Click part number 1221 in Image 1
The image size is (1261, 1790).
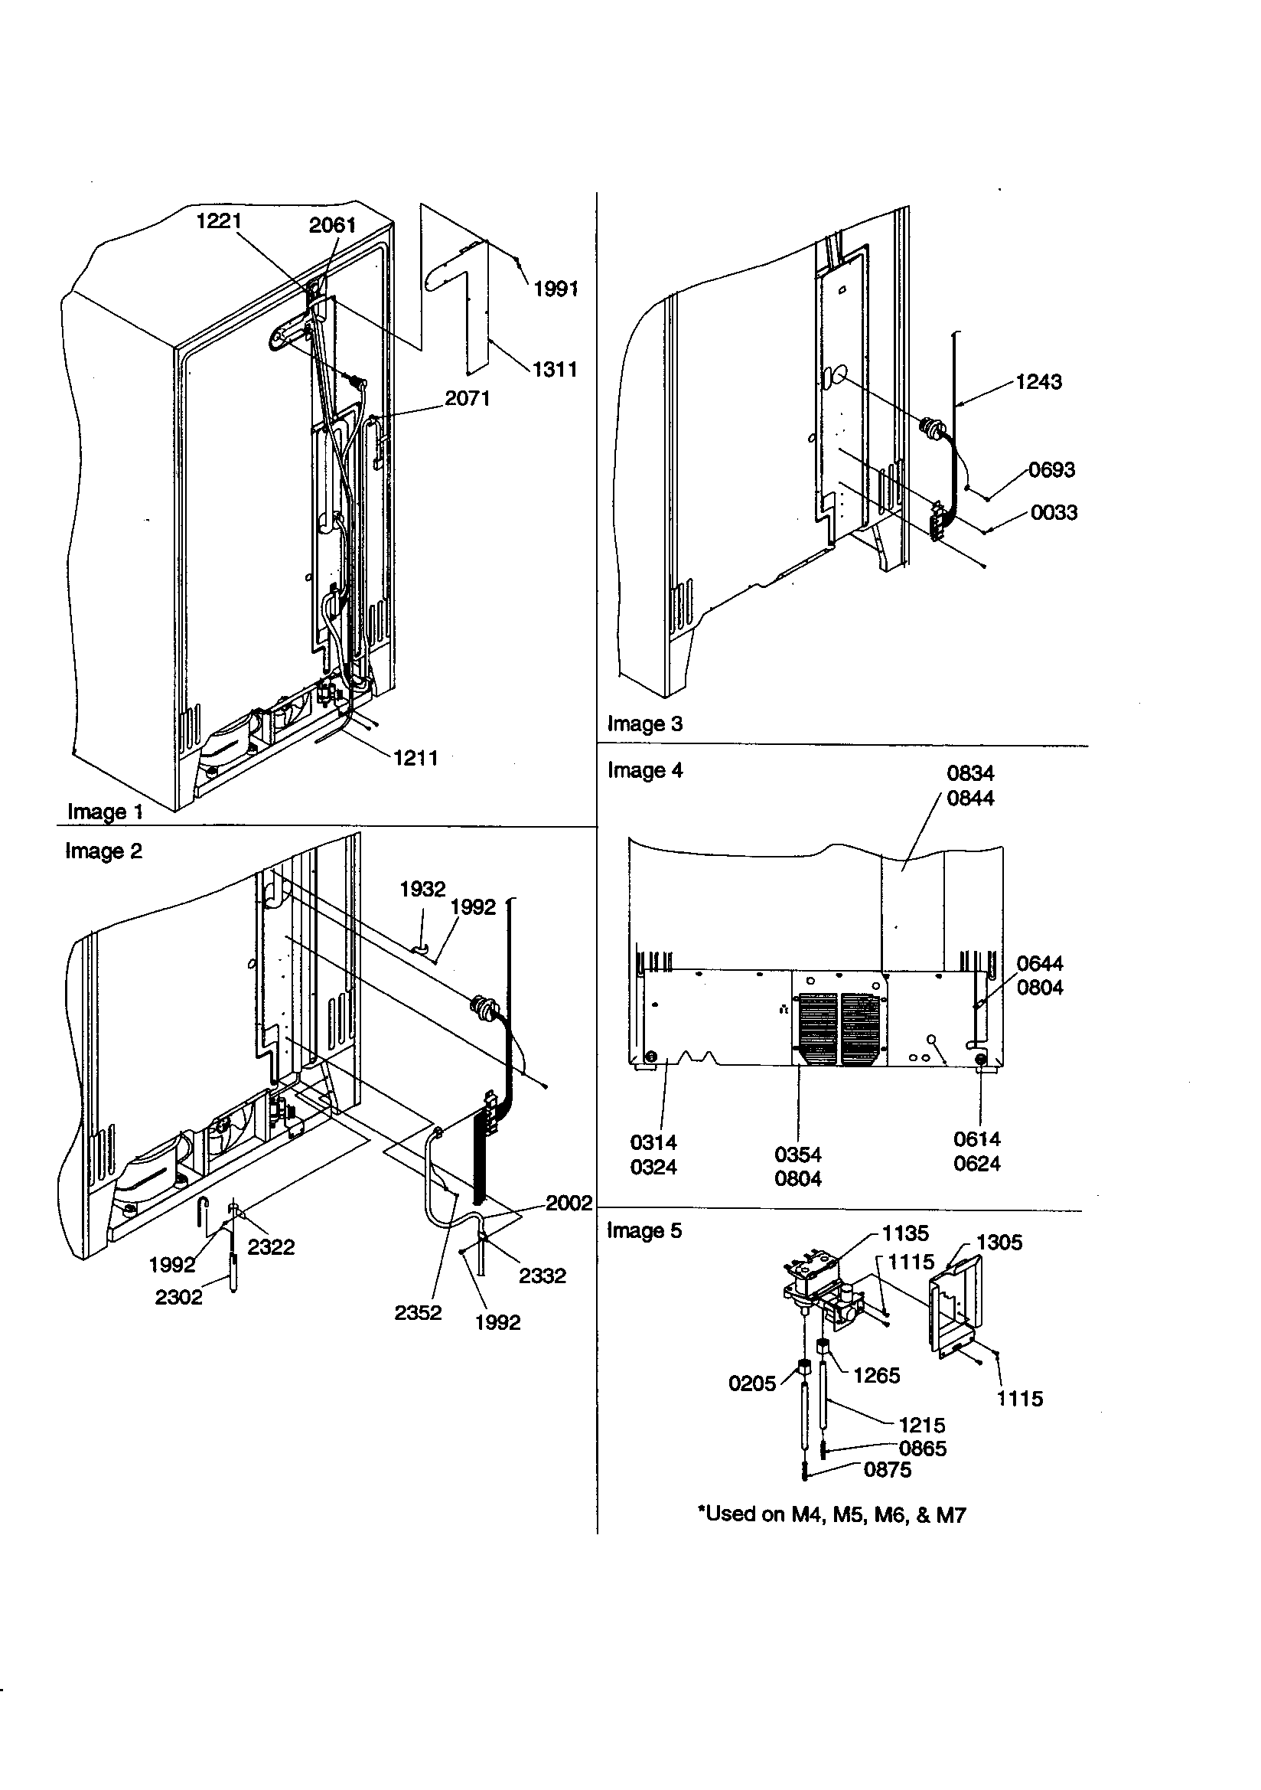[x=218, y=221]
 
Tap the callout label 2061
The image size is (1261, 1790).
[x=332, y=225]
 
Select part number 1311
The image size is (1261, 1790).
[x=554, y=369]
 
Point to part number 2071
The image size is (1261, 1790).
[x=467, y=398]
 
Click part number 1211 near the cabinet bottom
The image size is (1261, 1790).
[x=415, y=758]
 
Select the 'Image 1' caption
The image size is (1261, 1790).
[x=106, y=812]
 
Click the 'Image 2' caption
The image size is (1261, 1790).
[x=103, y=851]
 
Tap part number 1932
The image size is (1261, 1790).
[x=422, y=889]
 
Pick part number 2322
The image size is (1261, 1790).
[x=270, y=1247]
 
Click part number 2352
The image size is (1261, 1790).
[x=418, y=1313]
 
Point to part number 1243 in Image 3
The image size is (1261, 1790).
[x=1039, y=382]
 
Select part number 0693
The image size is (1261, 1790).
[x=1051, y=470]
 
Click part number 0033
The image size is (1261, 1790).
[x=1054, y=513]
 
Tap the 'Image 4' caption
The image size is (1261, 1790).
[x=644, y=771]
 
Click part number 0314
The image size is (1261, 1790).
[x=653, y=1143]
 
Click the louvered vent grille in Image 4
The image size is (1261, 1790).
[x=840, y=1030]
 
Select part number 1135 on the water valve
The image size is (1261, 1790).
[x=905, y=1233]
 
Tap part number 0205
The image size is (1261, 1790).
[x=752, y=1383]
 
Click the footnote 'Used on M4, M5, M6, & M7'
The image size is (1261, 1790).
[x=831, y=1515]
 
